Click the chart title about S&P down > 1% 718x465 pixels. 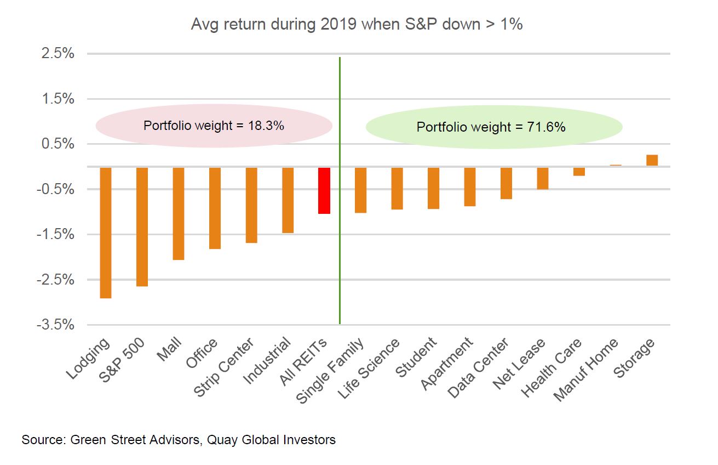pos(357,25)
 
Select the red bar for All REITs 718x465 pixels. pos(324,190)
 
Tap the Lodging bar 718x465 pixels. pos(106,232)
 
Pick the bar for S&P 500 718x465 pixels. pos(142,226)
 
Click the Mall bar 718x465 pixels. pos(179,213)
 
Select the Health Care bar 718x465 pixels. pos(579,172)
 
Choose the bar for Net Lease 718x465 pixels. pos(543,178)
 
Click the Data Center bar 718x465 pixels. pos(506,183)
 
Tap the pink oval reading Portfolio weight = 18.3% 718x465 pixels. pos(214,126)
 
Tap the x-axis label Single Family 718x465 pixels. pos(331,370)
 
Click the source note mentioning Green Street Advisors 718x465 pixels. pos(179,440)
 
